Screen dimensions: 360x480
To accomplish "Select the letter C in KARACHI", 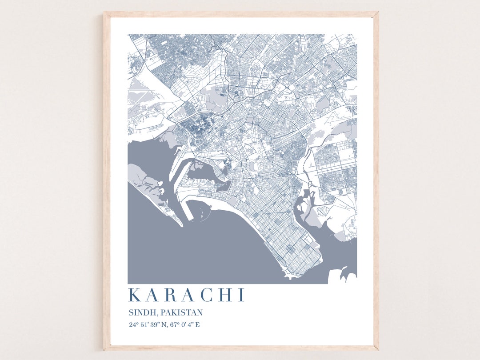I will [x=208, y=295].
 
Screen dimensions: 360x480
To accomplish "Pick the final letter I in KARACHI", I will [x=241, y=295].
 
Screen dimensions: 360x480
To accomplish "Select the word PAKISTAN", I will [x=182, y=313].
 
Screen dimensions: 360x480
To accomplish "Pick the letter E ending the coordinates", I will [x=198, y=324].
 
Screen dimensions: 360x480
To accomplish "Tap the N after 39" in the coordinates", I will [x=165, y=324].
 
